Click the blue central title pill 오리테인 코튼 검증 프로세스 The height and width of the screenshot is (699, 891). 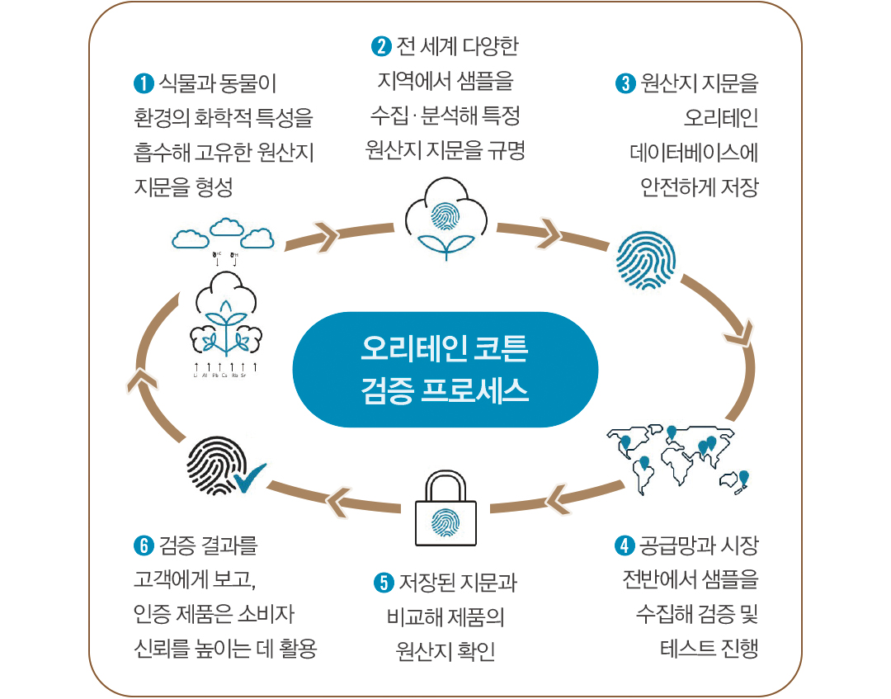tap(445, 369)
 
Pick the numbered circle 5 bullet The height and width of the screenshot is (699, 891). tap(383, 583)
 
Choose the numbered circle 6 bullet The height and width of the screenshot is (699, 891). tap(143, 546)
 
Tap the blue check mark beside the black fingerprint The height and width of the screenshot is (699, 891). tap(250, 476)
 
